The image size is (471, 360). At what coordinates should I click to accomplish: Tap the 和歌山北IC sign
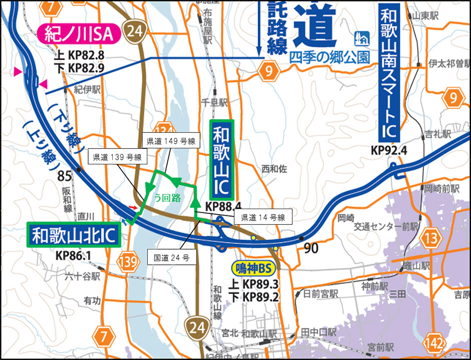74,234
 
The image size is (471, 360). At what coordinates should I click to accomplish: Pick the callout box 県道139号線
116,157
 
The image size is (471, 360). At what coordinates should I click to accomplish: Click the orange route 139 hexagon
129,262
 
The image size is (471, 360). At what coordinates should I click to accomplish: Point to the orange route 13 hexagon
430,239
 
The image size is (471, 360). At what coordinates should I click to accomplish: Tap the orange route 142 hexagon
434,344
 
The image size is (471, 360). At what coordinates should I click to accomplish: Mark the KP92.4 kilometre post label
389,150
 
